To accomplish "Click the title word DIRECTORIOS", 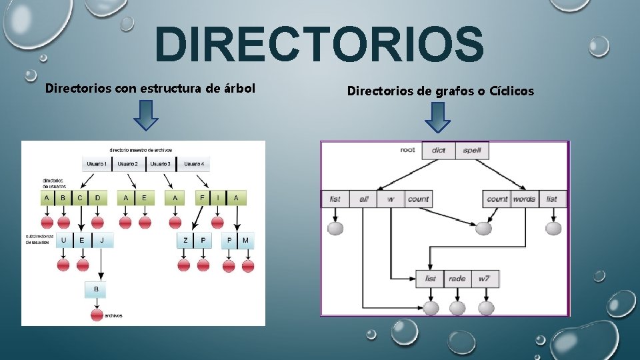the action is point(319,45).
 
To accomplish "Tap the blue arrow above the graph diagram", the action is point(437,116).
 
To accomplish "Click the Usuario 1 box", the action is point(96,164).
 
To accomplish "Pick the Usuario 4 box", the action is point(193,164).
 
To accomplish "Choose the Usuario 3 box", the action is point(160,164).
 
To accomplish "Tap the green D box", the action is point(97,198).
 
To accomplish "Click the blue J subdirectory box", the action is point(102,240).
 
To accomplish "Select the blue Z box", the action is point(185,240).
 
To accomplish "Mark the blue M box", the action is point(246,240).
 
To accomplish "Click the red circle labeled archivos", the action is point(97,315).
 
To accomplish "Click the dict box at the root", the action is point(438,150).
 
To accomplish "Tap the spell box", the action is point(472,150).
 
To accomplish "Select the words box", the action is point(524,199).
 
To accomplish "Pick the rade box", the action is point(457,279).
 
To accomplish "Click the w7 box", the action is point(483,279).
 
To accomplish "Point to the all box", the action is point(364,199).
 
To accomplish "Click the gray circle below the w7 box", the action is point(486,308).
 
